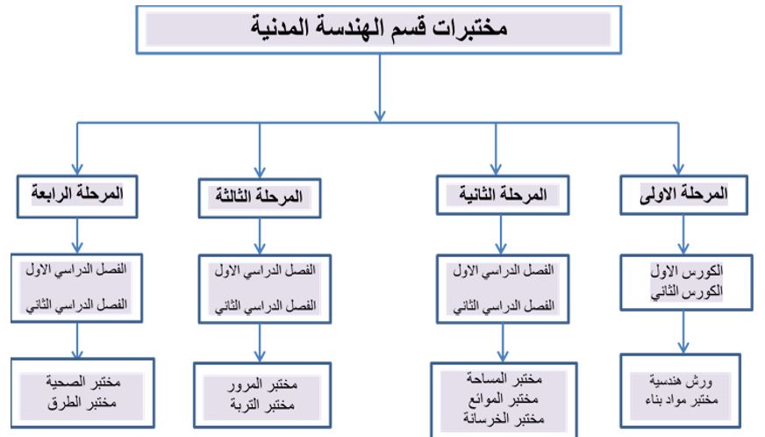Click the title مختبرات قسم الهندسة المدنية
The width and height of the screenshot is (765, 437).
click(379, 27)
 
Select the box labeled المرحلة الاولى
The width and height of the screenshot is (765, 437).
click(683, 195)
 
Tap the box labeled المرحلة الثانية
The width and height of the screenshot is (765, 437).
click(503, 195)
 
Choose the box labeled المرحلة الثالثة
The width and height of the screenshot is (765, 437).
click(260, 197)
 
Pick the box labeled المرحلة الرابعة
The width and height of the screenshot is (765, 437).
click(77, 197)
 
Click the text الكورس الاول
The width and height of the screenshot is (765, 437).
click(686, 271)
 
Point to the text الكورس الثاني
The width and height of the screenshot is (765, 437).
click(686, 292)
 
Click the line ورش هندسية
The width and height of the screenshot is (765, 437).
click(681, 380)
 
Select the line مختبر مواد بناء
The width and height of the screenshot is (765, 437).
click(682, 400)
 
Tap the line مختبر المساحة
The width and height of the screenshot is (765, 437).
click(504, 378)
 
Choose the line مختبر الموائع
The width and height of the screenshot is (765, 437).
click(504, 399)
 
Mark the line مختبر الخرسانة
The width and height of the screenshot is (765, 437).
click(504, 419)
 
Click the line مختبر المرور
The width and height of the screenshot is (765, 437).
click(262, 384)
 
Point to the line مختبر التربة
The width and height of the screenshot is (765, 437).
click(262, 405)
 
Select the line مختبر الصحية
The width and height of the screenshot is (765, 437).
click(83, 382)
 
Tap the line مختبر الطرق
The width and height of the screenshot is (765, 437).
click(82, 403)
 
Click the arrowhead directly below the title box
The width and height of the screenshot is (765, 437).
click(380, 116)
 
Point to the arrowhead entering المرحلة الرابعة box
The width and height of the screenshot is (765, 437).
click(77, 169)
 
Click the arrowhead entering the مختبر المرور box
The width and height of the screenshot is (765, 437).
click(260, 356)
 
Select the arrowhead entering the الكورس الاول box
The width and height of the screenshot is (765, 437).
click(683, 248)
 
